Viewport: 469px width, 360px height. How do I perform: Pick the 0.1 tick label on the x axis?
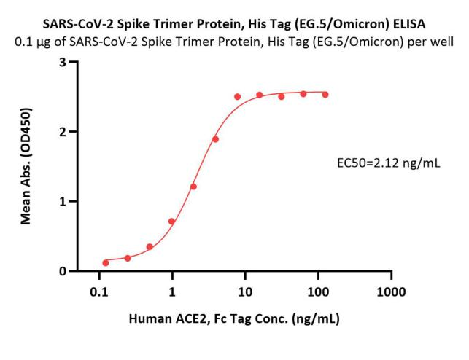[99, 292]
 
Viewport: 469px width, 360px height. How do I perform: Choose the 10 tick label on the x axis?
[245, 292]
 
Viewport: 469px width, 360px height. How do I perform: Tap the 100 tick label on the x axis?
[318, 292]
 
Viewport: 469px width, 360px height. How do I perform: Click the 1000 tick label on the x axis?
[391, 292]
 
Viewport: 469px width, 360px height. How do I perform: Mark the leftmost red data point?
[106, 262]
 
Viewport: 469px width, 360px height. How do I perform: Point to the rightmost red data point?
[325, 95]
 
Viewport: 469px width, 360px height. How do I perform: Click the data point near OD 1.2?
[193, 187]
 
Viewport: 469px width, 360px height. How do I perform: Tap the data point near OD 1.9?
[215, 139]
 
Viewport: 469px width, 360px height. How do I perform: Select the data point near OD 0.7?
[171, 222]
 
